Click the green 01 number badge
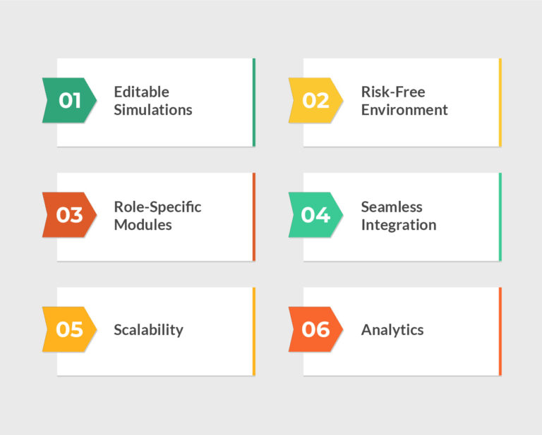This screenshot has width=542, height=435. click(x=69, y=101)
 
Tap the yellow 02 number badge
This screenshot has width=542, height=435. click(x=315, y=101)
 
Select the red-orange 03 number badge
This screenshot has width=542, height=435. click(x=69, y=215)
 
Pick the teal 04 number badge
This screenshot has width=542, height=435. click(x=315, y=215)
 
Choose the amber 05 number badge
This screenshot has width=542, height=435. click(x=69, y=329)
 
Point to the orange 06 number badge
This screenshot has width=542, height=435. click(x=315, y=329)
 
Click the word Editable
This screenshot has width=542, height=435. click(x=142, y=92)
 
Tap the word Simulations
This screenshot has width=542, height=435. click(x=153, y=110)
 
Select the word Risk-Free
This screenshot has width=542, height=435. click(x=393, y=92)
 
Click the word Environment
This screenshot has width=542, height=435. click(x=404, y=110)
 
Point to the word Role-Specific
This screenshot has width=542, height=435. click(x=157, y=207)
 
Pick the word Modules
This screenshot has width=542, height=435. click(x=143, y=225)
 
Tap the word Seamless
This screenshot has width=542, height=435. click(x=392, y=207)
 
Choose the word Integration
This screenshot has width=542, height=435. click(x=399, y=225)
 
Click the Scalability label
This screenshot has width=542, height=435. click(x=149, y=329)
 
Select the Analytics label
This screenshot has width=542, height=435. click(x=392, y=329)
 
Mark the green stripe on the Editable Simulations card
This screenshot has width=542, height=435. click(x=254, y=102)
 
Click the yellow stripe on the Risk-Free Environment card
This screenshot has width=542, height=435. click(x=500, y=102)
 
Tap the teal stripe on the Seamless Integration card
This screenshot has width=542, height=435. click(x=500, y=216)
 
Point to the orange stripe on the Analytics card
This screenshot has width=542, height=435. click(x=500, y=331)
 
